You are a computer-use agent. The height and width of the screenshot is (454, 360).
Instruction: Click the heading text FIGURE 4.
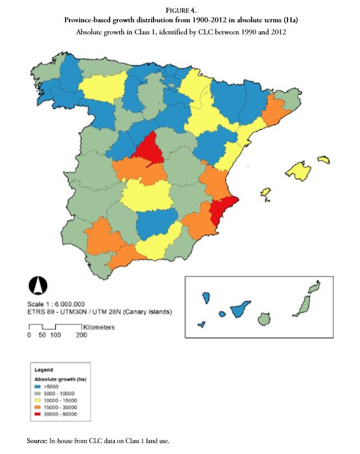coord(180,11)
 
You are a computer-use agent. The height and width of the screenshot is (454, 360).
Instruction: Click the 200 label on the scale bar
coord(82,335)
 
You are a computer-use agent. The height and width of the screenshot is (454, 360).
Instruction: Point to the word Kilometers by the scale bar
coord(98,327)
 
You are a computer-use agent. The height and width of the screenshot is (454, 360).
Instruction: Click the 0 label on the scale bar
coord(29,335)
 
